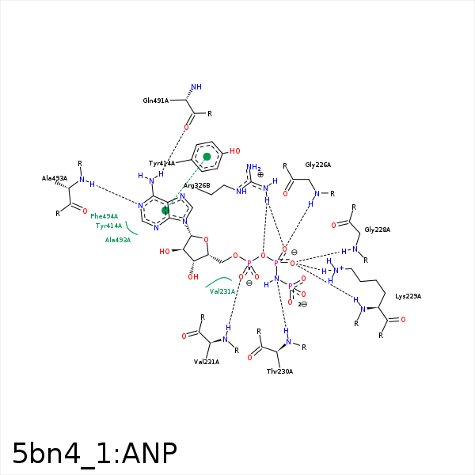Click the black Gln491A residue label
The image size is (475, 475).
(x=156, y=101)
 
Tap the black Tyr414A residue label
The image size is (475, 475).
(x=161, y=163)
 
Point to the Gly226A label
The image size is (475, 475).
(x=317, y=165)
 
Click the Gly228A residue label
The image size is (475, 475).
(x=378, y=230)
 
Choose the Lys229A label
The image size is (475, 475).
(x=408, y=296)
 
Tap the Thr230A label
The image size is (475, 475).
(x=279, y=371)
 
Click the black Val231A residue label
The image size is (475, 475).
(x=207, y=362)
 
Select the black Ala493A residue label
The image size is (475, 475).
(x=55, y=179)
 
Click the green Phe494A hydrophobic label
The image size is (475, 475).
(x=104, y=216)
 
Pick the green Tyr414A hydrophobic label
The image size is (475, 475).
(x=108, y=226)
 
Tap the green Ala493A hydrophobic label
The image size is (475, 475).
(x=117, y=240)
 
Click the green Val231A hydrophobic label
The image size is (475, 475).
(x=222, y=291)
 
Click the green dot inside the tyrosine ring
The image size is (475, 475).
(x=207, y=157)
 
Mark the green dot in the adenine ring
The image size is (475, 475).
(x=165, y=211)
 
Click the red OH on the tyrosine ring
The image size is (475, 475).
(x=234, y=150)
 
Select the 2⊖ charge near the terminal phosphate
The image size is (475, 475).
(x=302, y=303)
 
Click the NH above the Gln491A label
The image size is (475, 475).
(x=196, y=87)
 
